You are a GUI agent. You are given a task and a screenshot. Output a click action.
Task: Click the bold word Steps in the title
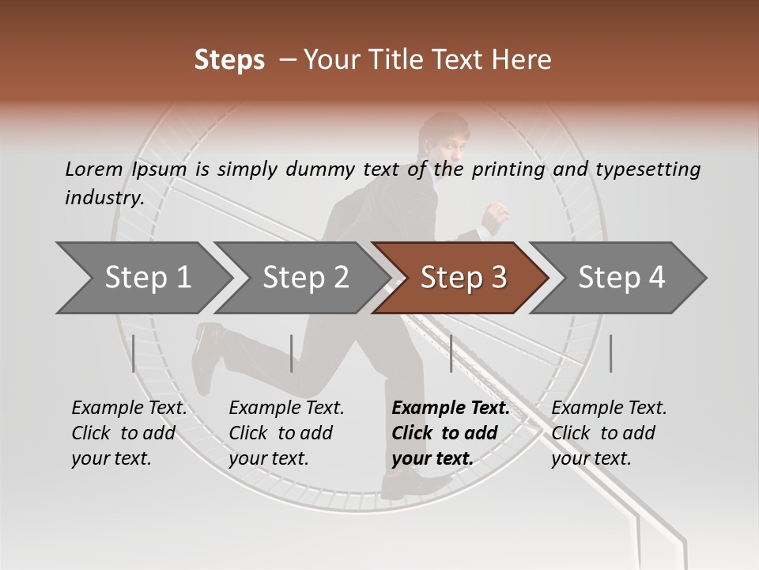tap(229, 60)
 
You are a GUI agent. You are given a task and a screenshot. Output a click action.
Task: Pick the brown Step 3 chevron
tap(463, 278)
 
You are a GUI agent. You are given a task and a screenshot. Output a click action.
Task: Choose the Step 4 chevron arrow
tap(621, 278)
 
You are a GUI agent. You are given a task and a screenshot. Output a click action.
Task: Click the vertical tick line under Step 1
tap(134, 353)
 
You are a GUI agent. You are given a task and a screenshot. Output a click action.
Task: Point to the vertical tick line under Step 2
tap(292, 353)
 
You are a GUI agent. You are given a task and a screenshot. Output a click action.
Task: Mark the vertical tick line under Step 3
tap(451, 353)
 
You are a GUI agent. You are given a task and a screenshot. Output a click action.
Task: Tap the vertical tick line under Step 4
tap(610, 353)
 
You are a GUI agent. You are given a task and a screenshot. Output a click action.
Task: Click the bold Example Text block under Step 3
tap(450, 433)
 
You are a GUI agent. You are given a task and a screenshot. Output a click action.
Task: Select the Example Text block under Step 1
tap(129, 433)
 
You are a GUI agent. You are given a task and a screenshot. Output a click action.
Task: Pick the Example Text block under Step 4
tap(609, 433)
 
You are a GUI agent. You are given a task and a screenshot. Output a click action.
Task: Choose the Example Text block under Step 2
tap(286, 433)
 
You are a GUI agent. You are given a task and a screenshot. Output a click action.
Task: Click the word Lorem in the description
tap(93, 169)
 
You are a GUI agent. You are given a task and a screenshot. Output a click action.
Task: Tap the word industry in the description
tap(104, 198)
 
